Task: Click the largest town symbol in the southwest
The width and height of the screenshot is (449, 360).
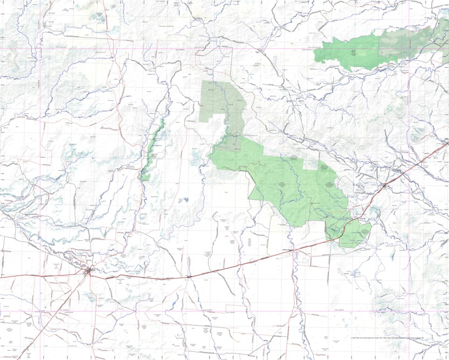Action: click(x=88, y=271)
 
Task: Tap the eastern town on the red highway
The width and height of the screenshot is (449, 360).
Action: click(x=384, y=186)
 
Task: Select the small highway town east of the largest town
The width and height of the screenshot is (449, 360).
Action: click(x=189, y=277)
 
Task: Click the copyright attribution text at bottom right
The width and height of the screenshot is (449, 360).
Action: click(x=387, y=338)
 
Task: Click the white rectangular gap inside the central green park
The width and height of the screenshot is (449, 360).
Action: click(x=310, y=164)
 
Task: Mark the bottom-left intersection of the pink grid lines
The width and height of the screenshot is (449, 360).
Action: click(x=40, y=310)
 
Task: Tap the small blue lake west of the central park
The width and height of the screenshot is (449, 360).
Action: click(x=186, y=200)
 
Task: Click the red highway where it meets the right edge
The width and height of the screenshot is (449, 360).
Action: click(x=447, y=144)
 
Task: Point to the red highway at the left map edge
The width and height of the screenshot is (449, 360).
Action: click(x=1, y=277)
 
